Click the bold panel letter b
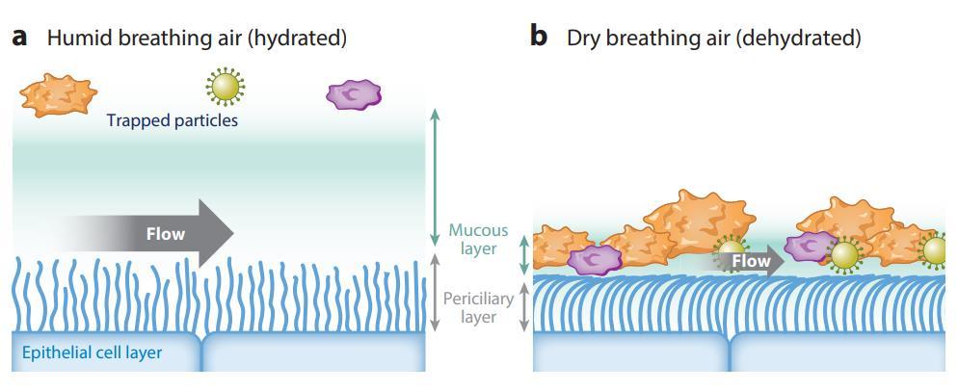[x=538, y=37]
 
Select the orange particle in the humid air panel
[x=59, y=95]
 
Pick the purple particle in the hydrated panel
[x=354, y=94]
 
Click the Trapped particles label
[x=173, y=120]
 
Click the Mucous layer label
[x=478, y=240]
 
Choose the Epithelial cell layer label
[x=93, y=352]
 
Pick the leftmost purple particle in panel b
[x=595, y=258]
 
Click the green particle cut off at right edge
[x=935, y=251]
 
